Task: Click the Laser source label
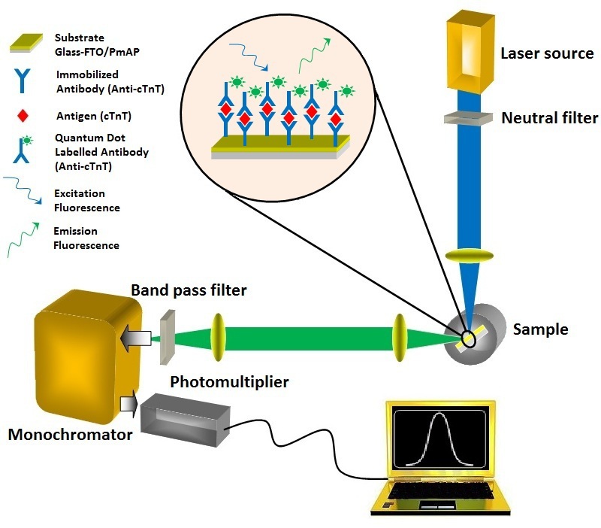point(547,54)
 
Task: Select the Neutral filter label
point(549,118)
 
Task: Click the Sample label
point(540,329)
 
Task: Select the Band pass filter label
point(189,290)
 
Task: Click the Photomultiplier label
point(229,383)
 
